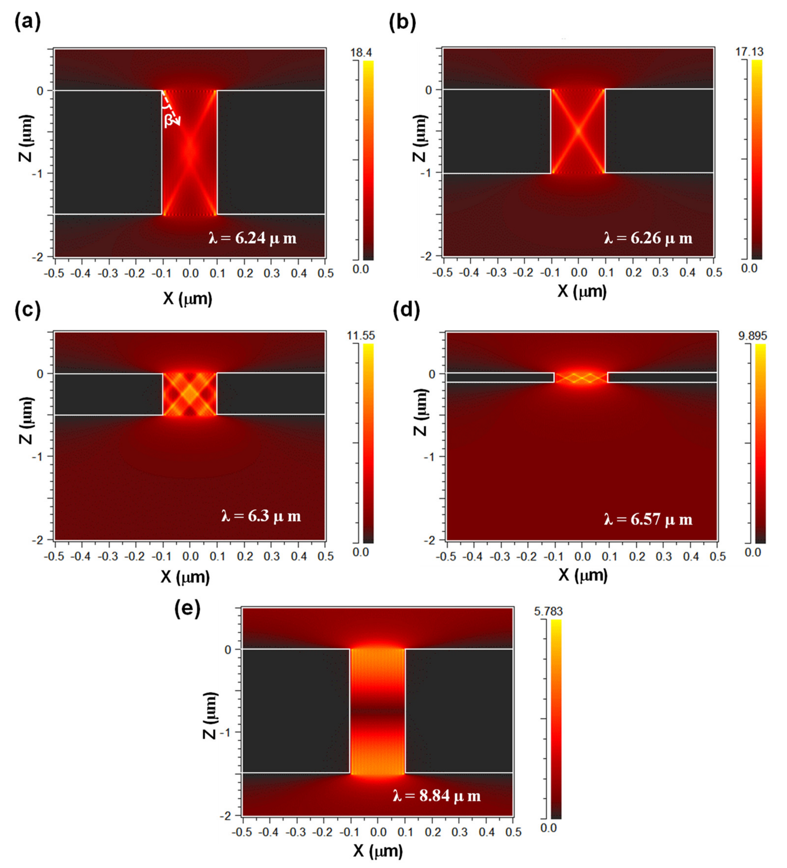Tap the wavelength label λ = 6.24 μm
[x=253, y=238]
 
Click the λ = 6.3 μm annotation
[x=261, y=516]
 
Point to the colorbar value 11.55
[x=362, y=335]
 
